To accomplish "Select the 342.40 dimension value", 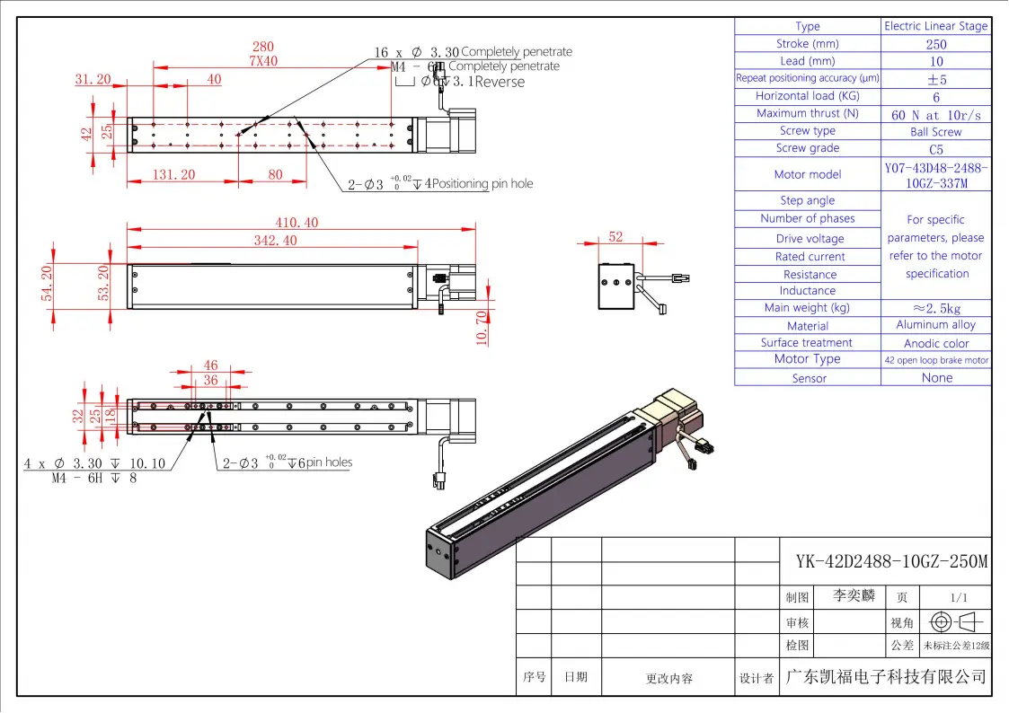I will click(277, 241).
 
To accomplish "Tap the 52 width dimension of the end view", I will click(615, 237).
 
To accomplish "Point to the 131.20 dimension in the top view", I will click(173, 175).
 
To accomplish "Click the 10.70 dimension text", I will click(482, 328).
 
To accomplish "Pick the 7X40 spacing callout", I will click(263, 61).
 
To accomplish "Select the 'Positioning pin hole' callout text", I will click(484, 184).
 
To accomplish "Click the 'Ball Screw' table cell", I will click(935, 132).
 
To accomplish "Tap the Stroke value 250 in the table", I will click(935, 44).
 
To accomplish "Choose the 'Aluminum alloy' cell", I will click(935, 325).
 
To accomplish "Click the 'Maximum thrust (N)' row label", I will click(807, 113).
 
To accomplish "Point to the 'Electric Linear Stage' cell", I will click(935, 26).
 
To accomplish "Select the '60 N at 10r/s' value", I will click(935, 115).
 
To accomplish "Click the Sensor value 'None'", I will click(936, 378).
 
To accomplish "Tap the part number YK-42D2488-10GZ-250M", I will click(891, 562).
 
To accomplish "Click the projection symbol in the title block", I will click(956, 621).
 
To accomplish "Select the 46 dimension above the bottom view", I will click(210, 365).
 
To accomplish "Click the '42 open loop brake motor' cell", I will click(935, 360).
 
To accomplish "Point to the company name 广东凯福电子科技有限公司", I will click(886, 677).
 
